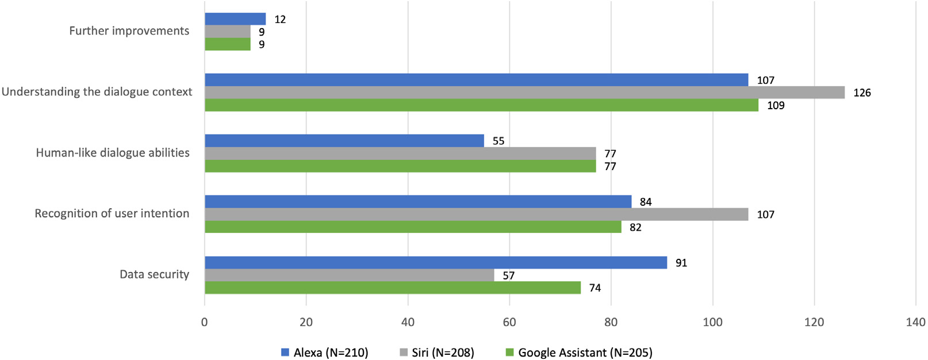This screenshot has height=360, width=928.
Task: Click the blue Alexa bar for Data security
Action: tap(436, 263)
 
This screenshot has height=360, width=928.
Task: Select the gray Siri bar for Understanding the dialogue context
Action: tap(524, 93)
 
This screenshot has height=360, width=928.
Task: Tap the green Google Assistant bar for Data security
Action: tap(393, 288)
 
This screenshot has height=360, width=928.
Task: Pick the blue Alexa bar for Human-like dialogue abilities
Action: tap(344, 141)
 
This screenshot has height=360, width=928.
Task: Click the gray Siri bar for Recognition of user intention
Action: tap(476, 215)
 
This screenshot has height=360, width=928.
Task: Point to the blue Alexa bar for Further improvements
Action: tap(235, 19)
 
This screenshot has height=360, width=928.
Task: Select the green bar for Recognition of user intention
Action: tap(413, 227)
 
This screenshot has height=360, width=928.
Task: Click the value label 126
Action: tap(862, 93)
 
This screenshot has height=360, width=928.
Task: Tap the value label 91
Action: tap(681, 263)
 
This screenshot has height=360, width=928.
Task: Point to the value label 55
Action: tap(498, 141)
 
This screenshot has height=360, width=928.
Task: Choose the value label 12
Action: tap(280, 20)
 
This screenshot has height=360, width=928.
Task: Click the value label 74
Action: tap(595, 288)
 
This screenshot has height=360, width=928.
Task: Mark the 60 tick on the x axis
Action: tap(509, 322)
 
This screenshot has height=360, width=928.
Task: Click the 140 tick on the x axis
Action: tap(915, 322)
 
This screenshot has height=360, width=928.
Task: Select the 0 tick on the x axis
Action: tap(205, 322)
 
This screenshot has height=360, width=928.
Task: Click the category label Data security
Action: tap(154, 274)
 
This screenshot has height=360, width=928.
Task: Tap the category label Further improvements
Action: tap(129, 31)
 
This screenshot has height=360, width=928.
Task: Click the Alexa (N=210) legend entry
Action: tap(325, 353)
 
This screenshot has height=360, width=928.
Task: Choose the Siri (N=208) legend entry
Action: tap(437, 353)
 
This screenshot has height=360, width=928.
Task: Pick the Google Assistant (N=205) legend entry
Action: tap(579, 353)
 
